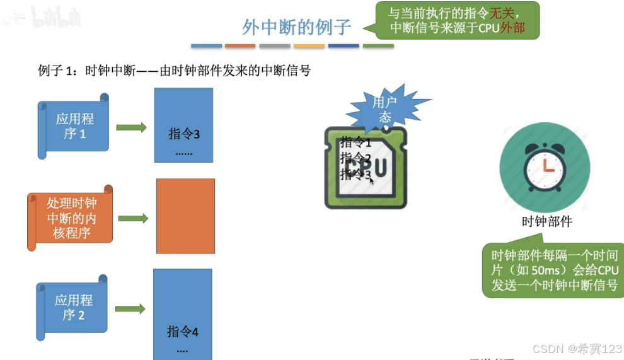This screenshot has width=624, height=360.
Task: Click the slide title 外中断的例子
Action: (296, 28)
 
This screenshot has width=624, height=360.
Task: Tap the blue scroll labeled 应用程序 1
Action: (74, 126)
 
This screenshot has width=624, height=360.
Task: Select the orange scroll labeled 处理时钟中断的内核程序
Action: (71, 218)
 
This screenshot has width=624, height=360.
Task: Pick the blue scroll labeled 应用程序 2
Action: (73, 308)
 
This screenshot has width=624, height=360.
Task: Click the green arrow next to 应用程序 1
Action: (131, 127)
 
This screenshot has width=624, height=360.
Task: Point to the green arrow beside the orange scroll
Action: (133, 219)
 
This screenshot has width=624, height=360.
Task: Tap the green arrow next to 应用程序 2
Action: (130, 309)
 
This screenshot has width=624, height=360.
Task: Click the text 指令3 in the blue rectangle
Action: (184, 134)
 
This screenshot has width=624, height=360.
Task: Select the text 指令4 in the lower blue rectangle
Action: (183, 332)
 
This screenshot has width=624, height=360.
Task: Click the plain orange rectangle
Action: (185, 216)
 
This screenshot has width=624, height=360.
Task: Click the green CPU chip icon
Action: (366, 168)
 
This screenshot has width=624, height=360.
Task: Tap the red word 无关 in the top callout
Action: (505, 13)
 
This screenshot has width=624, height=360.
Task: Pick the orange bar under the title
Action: (240, 45)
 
